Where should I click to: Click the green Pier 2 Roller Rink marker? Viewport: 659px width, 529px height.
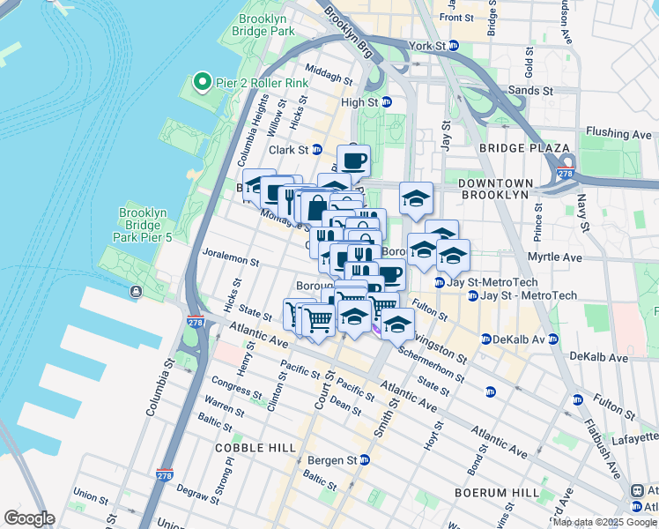201,84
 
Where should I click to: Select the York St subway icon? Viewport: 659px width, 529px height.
453,45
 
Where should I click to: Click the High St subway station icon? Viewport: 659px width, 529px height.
386,102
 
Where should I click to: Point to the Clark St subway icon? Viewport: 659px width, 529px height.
316,151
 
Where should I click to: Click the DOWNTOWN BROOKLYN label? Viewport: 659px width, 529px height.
493,188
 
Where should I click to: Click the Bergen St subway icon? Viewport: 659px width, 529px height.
364,460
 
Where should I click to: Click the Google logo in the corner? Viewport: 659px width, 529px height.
29,518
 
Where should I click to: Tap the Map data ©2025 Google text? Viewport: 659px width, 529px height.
603,522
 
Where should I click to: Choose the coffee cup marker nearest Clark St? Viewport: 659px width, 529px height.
353,161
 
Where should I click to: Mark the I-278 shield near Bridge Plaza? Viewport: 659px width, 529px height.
566,163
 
